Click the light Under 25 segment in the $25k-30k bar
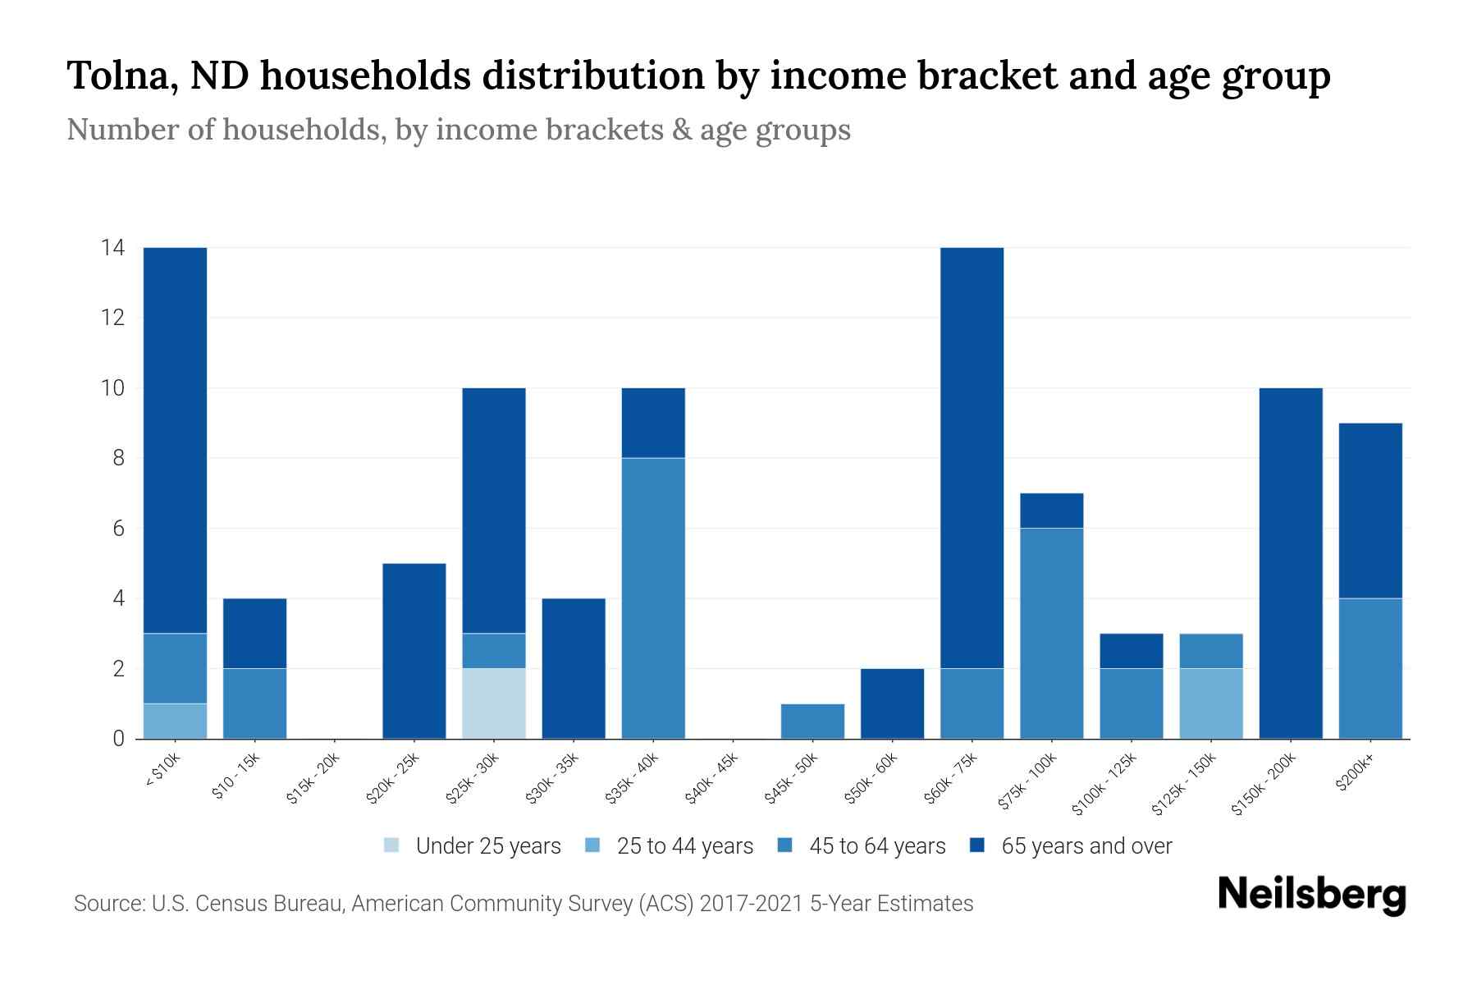(494, 703)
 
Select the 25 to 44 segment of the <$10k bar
(175, 721)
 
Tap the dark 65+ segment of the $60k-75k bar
(972, 457)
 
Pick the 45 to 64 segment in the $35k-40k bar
(653, 598)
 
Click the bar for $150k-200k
(1291, 563)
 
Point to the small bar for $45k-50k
(812, 721)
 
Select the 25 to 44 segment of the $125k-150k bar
(1211, 703)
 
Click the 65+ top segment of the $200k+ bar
(1370, 510)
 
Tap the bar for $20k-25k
(414, 650)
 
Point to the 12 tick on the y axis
(113, 318)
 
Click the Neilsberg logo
(1311, 895)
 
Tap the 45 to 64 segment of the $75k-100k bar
(1051, 633)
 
